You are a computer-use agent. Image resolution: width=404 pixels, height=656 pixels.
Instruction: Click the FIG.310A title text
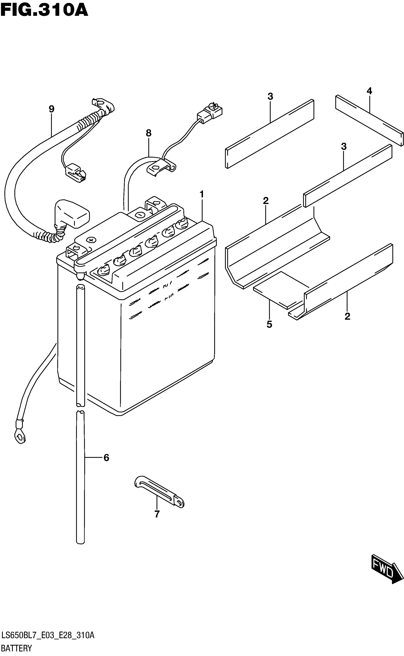[x=44, y=11]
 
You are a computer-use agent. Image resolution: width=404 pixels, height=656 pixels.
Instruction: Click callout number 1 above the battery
[x=202, y=194]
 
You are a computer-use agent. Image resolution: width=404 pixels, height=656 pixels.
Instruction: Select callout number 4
[x=369, y=91]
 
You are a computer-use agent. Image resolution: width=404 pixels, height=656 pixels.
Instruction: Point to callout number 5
[x=269, y=324]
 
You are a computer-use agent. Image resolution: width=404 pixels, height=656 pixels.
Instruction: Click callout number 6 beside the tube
[x=106, y=458]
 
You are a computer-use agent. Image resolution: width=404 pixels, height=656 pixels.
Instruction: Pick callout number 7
[x=157, y=514]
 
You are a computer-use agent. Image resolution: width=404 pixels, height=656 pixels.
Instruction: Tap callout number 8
[x=149, y=133]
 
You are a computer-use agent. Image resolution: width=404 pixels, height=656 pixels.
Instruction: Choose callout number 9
[x=52, y=109]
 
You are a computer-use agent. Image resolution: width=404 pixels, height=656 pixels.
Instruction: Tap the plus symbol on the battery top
[x=92, y=240]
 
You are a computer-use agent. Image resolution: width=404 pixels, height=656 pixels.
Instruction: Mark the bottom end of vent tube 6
[x=80, y=541]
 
